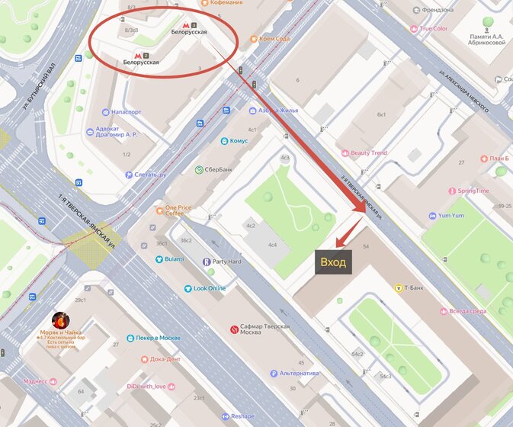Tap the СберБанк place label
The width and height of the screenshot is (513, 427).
pos(213,169)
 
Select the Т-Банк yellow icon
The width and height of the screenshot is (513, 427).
pos(398,287)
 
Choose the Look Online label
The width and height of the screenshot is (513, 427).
pos(210,288)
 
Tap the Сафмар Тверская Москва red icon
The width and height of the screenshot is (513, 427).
pos(234,329)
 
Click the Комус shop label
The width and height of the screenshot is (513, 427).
pos(239,141)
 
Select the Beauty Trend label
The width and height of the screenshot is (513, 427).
pos(369,153)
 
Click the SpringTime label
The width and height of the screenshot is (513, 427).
pos(479,191)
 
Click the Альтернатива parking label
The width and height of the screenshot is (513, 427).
pos(297,374)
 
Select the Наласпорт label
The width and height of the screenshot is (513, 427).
pos(126,111)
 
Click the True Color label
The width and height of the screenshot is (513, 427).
pos(433,29)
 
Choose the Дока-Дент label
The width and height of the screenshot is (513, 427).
pos(165,358)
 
